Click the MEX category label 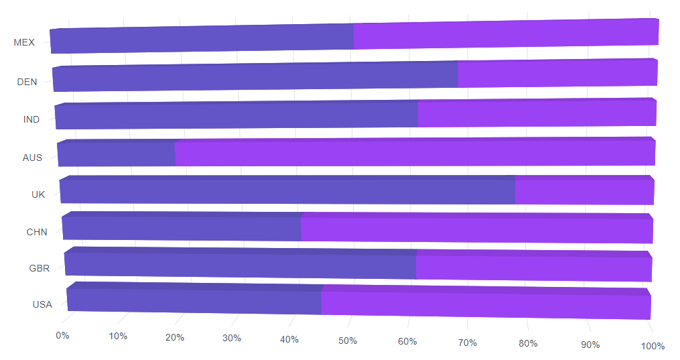tap(24, 42)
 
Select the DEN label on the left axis tap(27, 82)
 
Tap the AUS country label tap(32, 158)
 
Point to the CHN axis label tap(37, 232)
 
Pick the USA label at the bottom tap(42, 304)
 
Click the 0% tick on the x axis tap(62, 335)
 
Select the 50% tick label tap(348, 341)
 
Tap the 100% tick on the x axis tap(653, 346)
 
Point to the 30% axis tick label tap(232, 338)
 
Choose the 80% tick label tap(528, 344)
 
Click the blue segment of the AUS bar tap(117, 154)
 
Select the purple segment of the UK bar tap(584, 192)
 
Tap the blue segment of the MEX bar tap(201, 40)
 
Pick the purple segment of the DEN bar tap(557, 74)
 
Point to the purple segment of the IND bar tap(537, 113)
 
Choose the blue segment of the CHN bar tap(182, 228)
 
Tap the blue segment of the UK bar tap(287, 190)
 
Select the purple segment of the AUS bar tap(415, 153)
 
